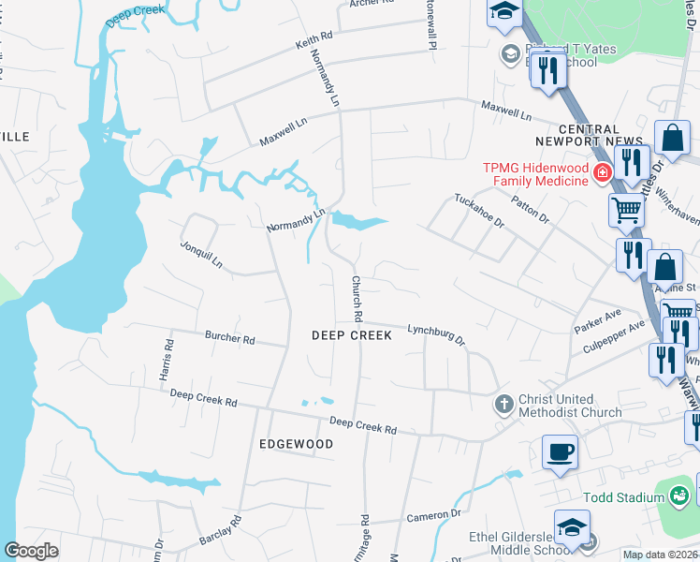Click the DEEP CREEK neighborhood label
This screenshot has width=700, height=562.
pos(351,335)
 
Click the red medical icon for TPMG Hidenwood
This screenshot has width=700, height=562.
pos(602,172)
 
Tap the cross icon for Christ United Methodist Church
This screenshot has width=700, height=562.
pos(503,404)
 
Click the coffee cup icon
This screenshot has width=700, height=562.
pos(560,452)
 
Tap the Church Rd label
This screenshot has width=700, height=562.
pos(357,297)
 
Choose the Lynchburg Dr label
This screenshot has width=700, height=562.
pos(436,333)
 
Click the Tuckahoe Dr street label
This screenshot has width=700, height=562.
pos(479,212)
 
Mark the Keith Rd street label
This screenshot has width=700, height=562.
pos(314,41)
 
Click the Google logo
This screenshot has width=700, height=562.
pos(31,551)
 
